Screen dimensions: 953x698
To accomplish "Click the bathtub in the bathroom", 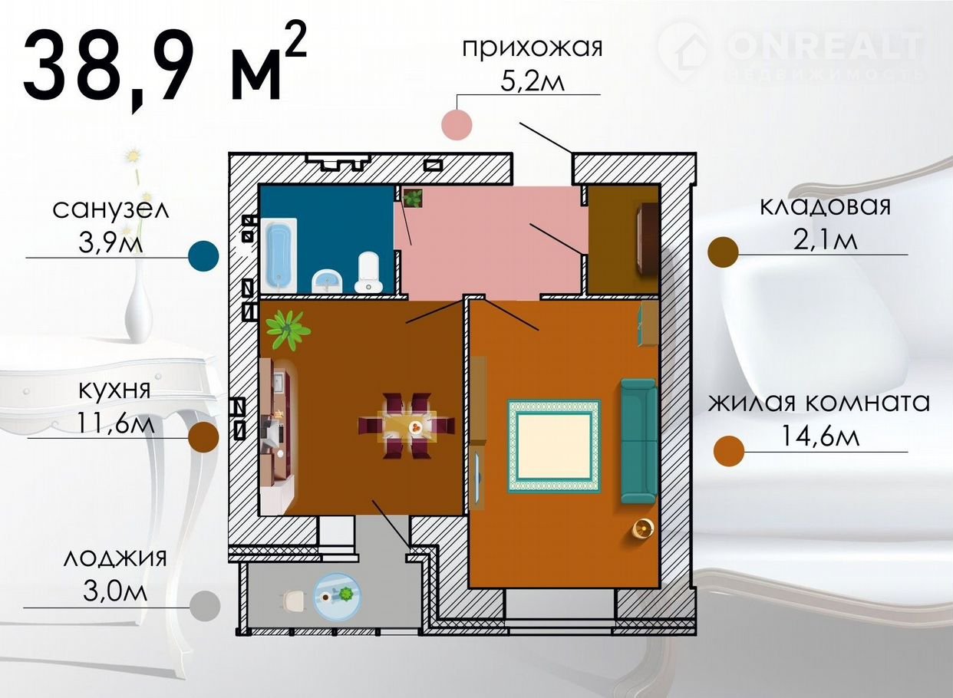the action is coord(279,255).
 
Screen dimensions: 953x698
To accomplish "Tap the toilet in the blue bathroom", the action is coord(369,272).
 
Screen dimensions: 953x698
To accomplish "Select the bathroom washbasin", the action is coord(327,282).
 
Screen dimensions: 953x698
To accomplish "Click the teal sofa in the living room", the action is coord(638,441).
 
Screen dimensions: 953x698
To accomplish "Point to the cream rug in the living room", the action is coord(554,446).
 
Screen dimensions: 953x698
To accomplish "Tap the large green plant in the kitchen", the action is coord(288,330).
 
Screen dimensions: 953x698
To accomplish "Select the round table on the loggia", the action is coord(337,597).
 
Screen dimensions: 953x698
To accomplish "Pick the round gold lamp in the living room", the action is coord(643,528).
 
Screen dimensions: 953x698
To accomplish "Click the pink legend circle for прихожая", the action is coord(457,124).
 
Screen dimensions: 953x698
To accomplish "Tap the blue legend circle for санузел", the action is coord(203,256).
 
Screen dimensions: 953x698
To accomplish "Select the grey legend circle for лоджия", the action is coord(205,606).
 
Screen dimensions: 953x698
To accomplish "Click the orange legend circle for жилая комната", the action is coord(729,451).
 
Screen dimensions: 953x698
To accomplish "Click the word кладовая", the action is coord(825,207).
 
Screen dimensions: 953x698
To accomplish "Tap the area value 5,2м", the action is coord(533,81).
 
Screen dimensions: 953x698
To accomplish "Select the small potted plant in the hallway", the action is coord(413,198).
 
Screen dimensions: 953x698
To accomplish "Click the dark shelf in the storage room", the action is coord(647,239).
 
